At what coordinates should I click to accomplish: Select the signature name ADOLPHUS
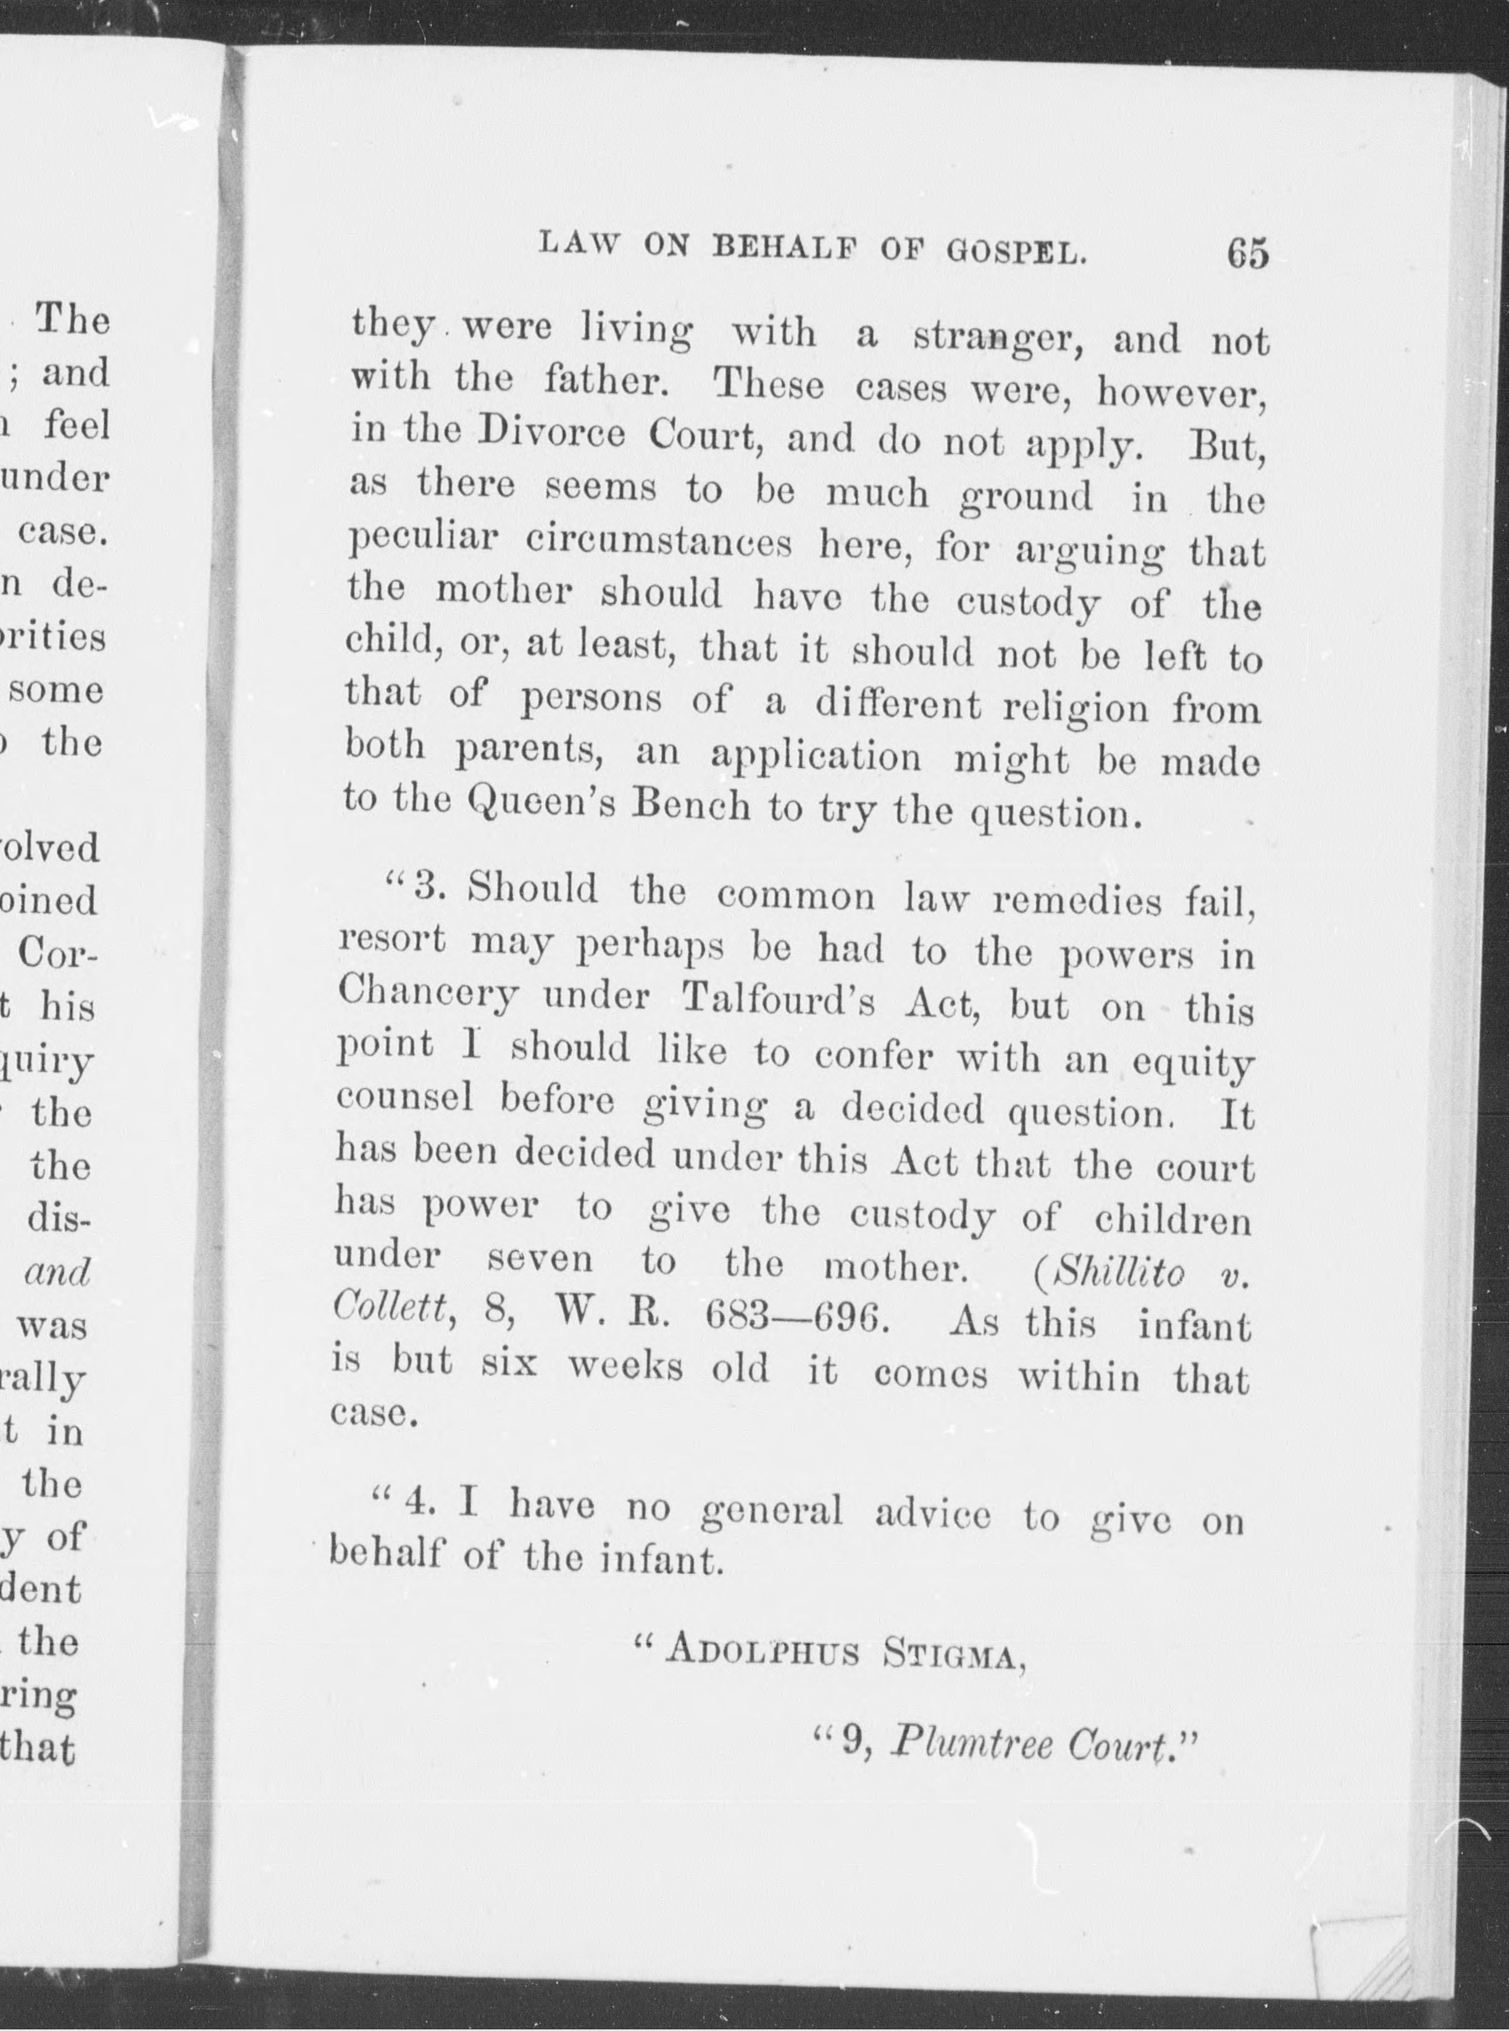tap(763, 1652)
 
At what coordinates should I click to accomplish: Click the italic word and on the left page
tap(59, 1272)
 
